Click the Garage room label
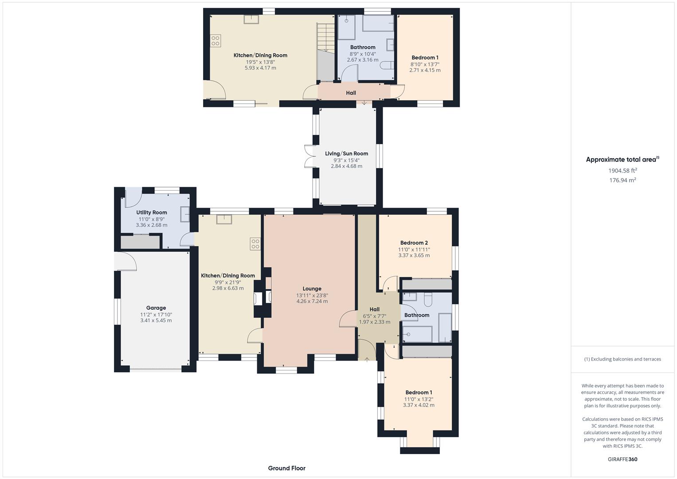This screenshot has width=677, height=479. click(x=156, y=308)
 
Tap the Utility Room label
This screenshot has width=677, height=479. click(x=152, y=212)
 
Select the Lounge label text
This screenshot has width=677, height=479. click(x=312, y=289)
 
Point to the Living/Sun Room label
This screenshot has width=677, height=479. click(x=346, y=153)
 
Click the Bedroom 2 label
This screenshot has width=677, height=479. click(x=414, y=243)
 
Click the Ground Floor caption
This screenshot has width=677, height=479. click(x=286, y=468)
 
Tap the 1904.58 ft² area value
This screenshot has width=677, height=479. click(x=622, y=170)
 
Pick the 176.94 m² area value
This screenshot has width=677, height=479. click(x=622, y=180)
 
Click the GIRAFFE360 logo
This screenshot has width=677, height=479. click(x=622, y=459)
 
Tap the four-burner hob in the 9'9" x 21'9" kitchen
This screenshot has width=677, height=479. click(x=255, y=244)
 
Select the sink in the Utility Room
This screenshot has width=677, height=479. click(x=184, y=214)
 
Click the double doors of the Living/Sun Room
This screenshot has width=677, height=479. click(x=309, y=156)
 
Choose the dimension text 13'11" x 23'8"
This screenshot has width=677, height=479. click(x=312, y=295)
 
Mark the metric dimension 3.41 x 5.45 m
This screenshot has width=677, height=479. click(x=156, y=320)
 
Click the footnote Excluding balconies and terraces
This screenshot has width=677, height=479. click(x=622, y=359)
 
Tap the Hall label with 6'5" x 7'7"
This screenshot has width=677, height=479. click(x=375, y=309)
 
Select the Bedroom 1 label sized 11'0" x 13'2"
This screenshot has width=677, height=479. click(x=419, y=393)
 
